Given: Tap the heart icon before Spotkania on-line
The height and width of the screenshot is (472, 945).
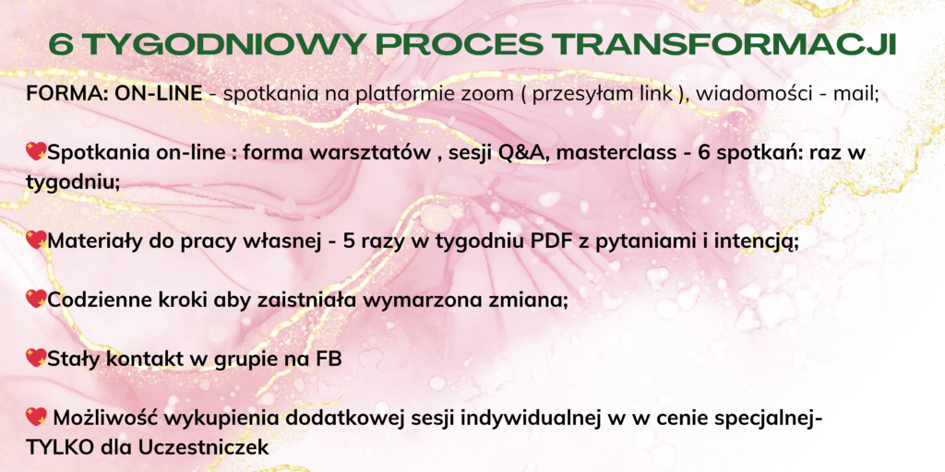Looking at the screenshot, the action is coord(36,152).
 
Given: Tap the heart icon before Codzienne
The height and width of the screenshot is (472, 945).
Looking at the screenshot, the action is coord(36,299).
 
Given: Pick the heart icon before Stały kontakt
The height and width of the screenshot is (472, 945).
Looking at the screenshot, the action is coord(36,359).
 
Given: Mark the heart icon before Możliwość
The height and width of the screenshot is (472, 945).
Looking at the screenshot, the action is coord(36,416).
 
